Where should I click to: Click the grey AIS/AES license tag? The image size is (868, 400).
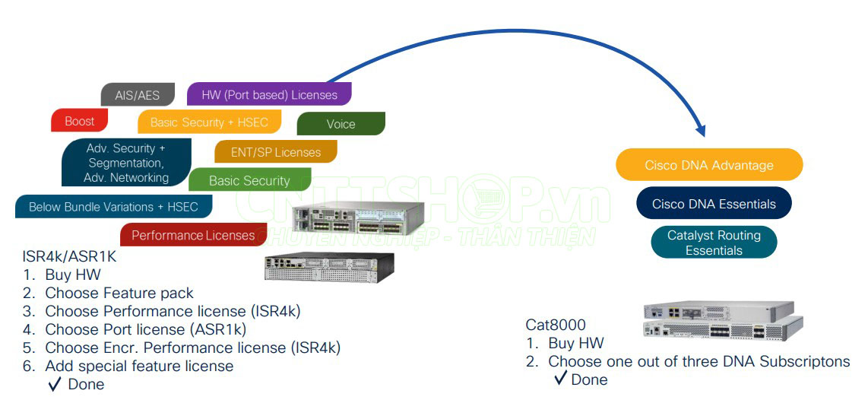(x=138, y=95)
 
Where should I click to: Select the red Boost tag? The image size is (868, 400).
(x=79, y=121)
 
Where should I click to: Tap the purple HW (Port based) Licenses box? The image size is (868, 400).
(x=269, y=95)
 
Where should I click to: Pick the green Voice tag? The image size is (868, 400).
(x=341, y=124)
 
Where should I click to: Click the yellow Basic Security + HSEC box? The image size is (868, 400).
(x=209, y=122)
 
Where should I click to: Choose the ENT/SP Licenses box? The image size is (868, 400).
(x=275, y=152)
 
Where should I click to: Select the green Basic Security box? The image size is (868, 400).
(x=249, y=181)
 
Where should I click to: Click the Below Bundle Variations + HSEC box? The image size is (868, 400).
(x=113, y=207)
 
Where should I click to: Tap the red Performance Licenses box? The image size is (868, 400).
(x=193, y=235)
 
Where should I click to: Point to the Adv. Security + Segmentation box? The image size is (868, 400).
(x=126, y=163)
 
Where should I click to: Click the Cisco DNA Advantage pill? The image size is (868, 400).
(x=708, y=165)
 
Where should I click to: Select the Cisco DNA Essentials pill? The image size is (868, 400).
(x=714, y=204)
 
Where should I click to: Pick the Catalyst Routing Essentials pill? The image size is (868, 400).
(x=714, y=243)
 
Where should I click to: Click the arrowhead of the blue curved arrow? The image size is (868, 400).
(x=701, y=131)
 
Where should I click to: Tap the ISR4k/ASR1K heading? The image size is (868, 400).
(x=69, y=257)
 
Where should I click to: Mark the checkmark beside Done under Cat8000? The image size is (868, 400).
(x=561, y=378)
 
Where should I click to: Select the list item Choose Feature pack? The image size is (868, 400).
(x=119, y=293)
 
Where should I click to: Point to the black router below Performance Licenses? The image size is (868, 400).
(x=329, y=267)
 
